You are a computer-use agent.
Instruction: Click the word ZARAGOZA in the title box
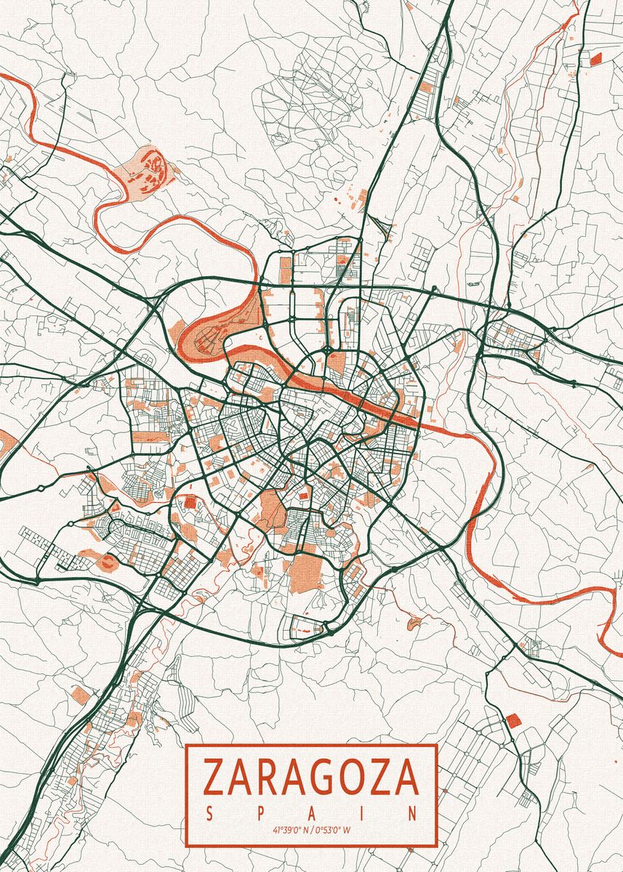tap(311, 777)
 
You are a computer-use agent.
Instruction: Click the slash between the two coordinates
tap(313, 829)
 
